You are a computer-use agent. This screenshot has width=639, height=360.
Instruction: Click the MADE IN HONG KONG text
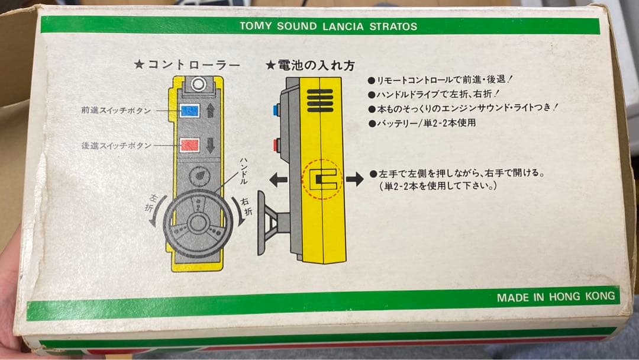point(556,297)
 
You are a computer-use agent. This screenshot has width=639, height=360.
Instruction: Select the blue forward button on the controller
point(189,111)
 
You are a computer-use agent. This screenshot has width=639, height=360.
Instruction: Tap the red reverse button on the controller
point(189,145)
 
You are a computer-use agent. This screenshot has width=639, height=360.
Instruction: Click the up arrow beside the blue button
point(212,111)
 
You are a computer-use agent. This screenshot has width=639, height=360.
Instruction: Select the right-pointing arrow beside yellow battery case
point(355,179)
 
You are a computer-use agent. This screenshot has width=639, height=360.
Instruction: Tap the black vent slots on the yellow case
point(320,101)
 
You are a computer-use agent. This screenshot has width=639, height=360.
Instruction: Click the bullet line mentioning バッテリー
point(421,123)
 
